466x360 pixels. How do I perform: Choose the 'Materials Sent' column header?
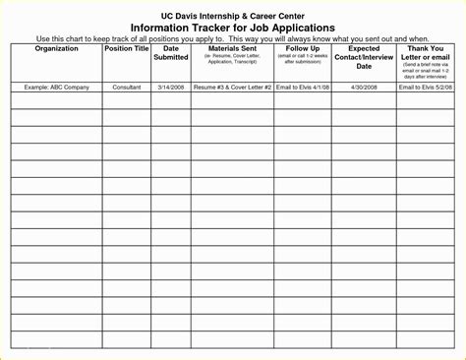tap(233, 47)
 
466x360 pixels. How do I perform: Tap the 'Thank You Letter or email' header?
tap(428, 51)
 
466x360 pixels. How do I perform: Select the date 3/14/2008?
tap(171, 89)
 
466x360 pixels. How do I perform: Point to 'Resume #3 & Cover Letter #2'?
tap(233, 89)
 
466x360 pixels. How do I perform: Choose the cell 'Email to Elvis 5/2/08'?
tap(428, 89)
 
